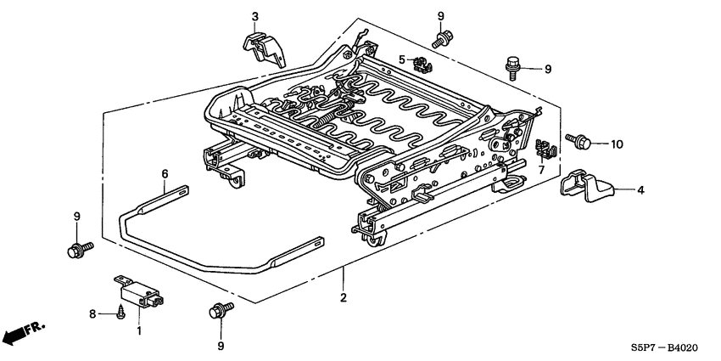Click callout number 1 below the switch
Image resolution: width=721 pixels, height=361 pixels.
[x=139, y=329]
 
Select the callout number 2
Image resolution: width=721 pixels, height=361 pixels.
[x=343, y=298]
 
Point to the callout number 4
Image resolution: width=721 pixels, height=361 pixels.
[x=640, y=190]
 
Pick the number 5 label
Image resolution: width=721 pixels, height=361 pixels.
[x=402, y=59]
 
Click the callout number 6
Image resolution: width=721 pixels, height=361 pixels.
[x=164, y=173]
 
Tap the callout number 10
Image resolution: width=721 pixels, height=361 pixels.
[x=616, y=144]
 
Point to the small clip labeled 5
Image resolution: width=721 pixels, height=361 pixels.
[x=419, y=62]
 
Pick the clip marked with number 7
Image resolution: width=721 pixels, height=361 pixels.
[x=546, y=149]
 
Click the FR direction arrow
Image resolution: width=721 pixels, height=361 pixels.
[x=24, y=333]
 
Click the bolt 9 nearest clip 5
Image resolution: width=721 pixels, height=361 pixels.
[x=441, y=36]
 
